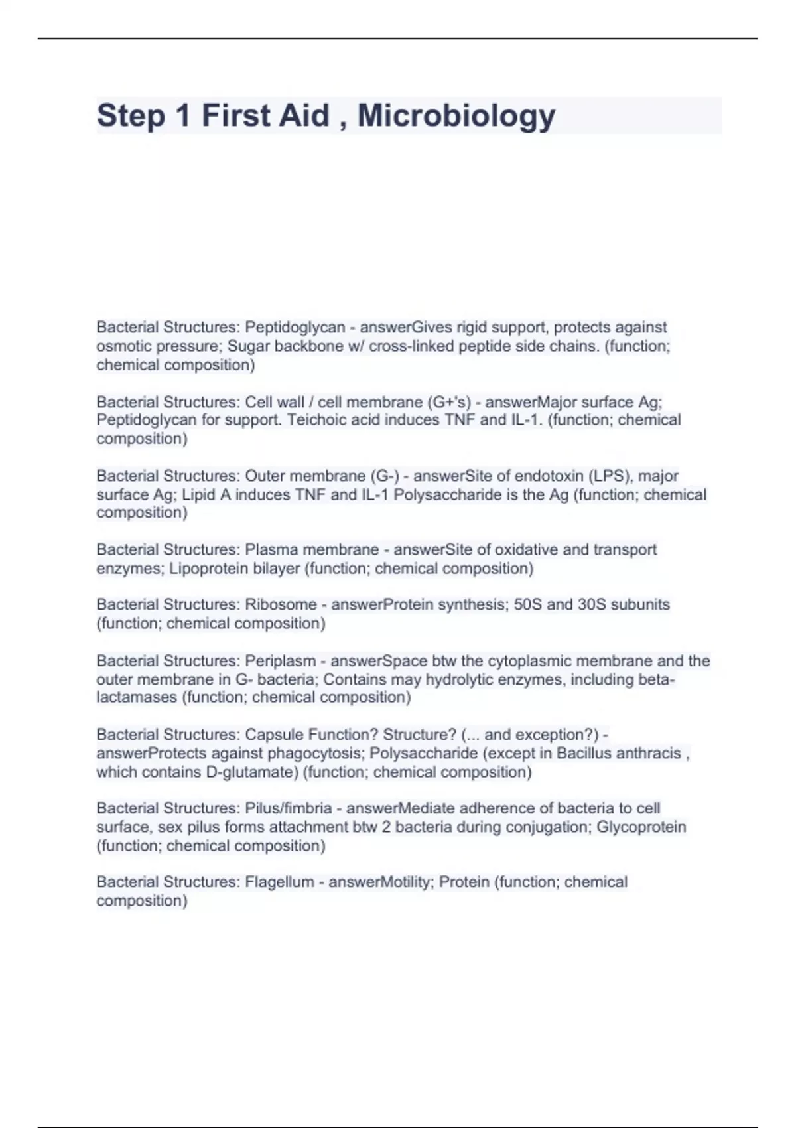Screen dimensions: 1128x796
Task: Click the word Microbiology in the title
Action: click(456, 115)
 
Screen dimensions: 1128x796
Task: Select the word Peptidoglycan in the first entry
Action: click(295, 327)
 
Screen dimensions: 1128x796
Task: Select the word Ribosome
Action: click(281, 604)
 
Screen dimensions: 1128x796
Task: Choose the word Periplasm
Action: click(280, 661)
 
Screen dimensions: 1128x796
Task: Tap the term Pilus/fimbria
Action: click(289, 808)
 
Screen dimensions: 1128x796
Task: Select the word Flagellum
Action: click(279, 882)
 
